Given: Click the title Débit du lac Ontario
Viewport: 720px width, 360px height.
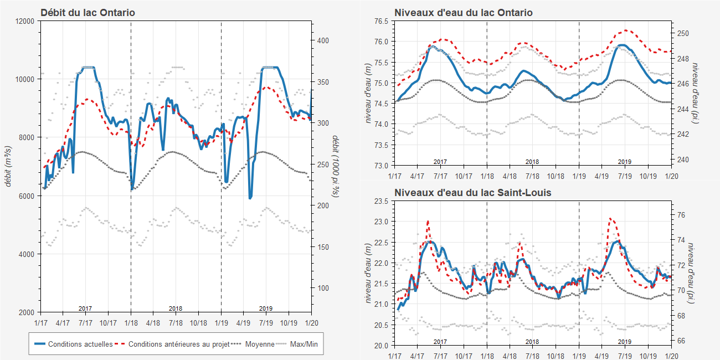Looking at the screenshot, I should click(x=88, y=12).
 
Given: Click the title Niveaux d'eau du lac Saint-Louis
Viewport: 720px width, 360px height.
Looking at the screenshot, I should click(x=472, y=193).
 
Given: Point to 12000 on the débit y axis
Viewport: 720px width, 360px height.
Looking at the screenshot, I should click(x=25, y=21).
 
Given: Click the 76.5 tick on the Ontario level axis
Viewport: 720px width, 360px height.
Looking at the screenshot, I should click(x=381, y=21).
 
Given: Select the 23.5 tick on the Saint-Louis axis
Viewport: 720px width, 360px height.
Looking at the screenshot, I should click(x=381, y=200).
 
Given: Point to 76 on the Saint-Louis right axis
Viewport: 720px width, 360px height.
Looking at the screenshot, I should click(x=682, y=215).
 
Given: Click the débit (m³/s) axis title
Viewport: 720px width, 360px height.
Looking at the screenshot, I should click(x=8, y=166).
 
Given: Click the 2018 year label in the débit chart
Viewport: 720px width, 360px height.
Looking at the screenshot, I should click(x=176, y=308).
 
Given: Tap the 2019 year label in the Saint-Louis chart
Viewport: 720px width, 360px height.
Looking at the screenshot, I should click(x=625, y=342).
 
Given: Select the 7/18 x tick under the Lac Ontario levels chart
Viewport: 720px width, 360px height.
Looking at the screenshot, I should click(x=532, y=176).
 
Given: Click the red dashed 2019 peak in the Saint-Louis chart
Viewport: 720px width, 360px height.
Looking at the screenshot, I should click(x=610, y=218).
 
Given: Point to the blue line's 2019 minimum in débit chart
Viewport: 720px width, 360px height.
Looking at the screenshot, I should click(x=250, y=198).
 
